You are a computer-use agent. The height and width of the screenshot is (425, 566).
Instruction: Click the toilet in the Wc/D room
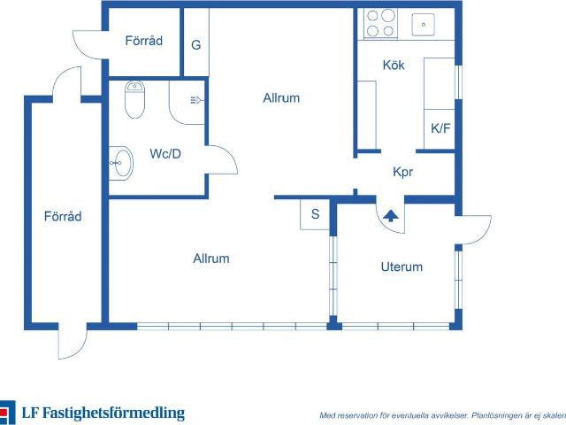pos(134,99)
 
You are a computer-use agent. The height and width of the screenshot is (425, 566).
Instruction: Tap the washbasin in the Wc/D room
pos(121,163)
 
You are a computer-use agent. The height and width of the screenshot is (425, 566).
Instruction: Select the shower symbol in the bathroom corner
pos(197,99)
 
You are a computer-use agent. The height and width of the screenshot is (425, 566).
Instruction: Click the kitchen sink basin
pos(423,25)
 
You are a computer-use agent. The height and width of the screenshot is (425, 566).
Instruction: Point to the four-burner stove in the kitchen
pos(380,24)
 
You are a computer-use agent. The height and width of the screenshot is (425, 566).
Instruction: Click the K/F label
pos(440,127)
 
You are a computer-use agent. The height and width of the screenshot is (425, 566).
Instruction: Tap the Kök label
pos(394,65)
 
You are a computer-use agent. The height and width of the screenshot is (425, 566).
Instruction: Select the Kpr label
pos(403,172)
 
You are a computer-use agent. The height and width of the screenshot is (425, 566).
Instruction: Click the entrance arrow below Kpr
pos(391,216)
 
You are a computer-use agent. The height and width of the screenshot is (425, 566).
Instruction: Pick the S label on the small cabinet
pos(315,214)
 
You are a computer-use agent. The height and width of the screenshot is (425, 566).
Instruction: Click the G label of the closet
pos(196,45)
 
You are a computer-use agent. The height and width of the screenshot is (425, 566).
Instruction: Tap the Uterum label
pos(402,267)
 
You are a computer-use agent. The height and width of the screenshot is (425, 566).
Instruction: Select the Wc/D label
pos(165,154)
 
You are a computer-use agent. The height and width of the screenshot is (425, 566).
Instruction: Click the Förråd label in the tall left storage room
pos(63,216)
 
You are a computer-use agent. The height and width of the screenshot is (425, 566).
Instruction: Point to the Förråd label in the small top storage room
pos(143,41)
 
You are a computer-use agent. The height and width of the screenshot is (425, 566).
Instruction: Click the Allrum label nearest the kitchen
pos(281,98)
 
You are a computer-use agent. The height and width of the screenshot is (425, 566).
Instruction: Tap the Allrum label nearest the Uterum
pos(211,259)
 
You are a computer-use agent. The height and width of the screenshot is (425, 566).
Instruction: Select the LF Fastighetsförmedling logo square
pos(7,413)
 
